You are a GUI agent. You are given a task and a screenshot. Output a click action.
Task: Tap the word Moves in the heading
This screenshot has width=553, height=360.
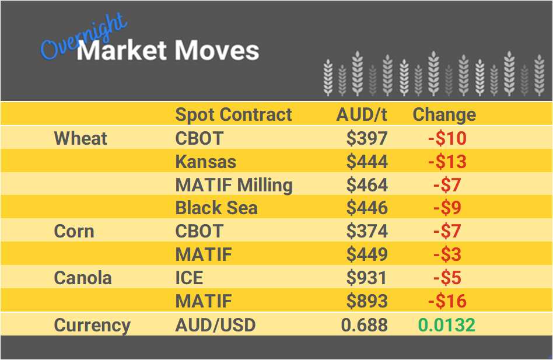[217, 51]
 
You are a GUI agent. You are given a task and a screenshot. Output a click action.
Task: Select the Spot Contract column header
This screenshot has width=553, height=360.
[233, 114]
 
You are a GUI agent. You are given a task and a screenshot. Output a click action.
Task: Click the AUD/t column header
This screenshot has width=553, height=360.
[362, 114]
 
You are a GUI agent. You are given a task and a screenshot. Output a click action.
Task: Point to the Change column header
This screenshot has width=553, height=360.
[444, 114]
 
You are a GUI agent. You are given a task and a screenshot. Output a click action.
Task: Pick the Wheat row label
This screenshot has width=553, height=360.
[80, 138]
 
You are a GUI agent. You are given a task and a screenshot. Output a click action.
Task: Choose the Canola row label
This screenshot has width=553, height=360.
[82, 278]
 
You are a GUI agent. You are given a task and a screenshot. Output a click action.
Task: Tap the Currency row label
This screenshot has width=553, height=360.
[92, 325]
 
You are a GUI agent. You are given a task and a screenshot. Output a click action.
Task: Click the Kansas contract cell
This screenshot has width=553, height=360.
[205, 162]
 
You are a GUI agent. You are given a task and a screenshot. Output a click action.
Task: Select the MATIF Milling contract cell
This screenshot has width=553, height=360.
[234, 185]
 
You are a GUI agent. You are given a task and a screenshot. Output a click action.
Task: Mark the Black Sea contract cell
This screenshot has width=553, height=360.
[216, 208]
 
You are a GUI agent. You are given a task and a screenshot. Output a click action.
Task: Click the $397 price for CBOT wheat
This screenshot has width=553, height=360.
[367, 138]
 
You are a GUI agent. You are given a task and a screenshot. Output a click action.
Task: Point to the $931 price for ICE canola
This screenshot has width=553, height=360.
[367, 278]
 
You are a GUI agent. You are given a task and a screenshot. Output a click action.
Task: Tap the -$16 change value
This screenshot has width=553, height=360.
[447, 301]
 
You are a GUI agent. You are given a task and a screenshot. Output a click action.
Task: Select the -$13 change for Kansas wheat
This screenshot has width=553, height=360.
[447, 162]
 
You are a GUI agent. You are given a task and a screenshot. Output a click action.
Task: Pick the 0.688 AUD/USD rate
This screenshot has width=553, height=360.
[365, 325]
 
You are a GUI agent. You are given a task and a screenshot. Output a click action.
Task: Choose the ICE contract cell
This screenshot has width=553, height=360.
[190, 278]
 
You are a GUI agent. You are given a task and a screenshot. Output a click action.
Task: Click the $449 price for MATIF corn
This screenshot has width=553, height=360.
[367, 254]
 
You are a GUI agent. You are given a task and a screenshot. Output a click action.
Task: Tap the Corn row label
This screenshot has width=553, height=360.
[74, 231]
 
